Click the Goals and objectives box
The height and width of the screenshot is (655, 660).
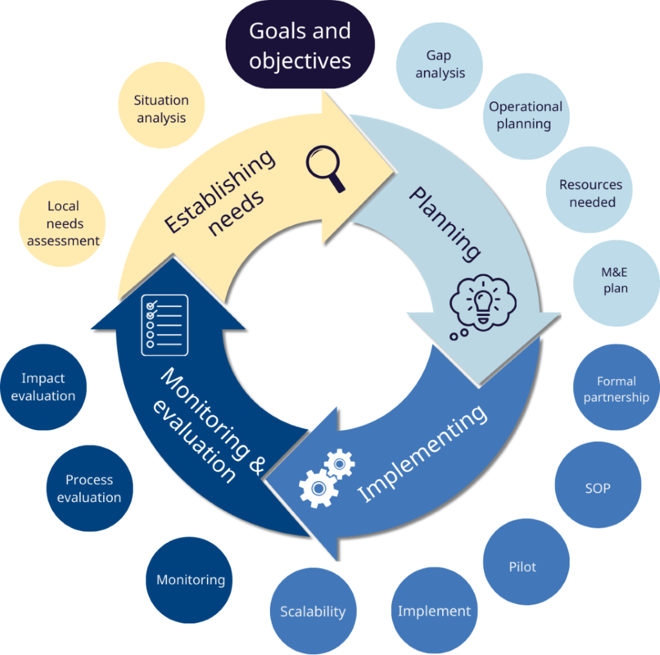click(x=300, y=45)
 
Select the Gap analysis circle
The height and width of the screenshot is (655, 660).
click(x=440, y=64)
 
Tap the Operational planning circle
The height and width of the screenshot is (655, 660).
click(x=525, y=115)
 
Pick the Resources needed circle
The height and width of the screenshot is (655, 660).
click(x=590, y=193)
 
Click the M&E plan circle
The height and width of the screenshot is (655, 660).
click(x=615, y=280)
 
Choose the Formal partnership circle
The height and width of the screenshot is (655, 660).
click(x=616, y=389)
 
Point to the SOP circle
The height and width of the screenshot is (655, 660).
click(x=597, y=488)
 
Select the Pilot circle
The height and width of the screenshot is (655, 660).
click(x=523, y=567)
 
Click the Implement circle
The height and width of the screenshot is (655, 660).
click(x=434, y=611)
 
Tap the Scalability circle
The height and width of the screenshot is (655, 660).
click(x=313, y=611)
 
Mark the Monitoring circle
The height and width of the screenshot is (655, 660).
click(x=191, y=580)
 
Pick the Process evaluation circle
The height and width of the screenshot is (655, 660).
click(x=89, y=489)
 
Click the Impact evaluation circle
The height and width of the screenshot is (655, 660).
click(x=43, y=387)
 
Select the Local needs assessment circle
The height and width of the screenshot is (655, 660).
click(x=63, y=223)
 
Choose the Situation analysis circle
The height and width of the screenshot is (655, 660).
click(x=161, y=108)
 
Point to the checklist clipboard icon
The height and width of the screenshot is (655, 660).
click(x=164, y=324)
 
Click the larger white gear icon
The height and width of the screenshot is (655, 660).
click(x=318, y=487)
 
